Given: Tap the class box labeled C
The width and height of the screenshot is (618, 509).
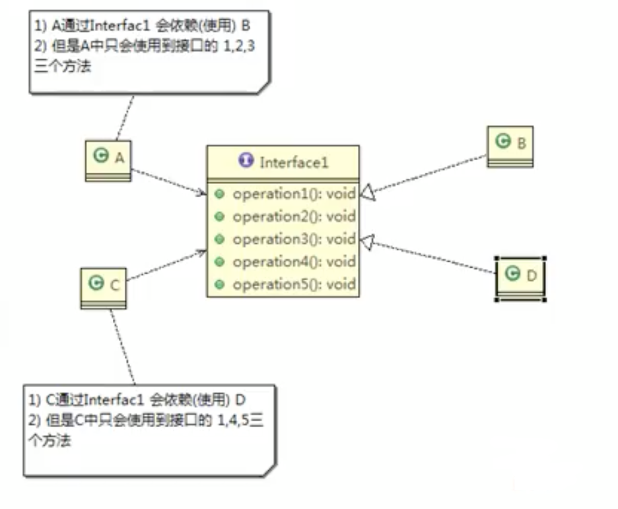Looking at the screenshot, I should (103, 286).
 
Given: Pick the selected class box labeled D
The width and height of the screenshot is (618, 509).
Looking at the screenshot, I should (520, 277).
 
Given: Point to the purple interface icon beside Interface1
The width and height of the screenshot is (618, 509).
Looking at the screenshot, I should (246, 162).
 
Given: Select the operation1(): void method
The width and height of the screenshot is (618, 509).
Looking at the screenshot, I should (294, 194).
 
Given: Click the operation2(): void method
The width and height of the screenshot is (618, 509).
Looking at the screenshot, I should (294, 216).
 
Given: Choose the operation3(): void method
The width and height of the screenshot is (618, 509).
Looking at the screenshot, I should (294, 239).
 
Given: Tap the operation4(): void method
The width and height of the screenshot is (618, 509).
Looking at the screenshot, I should (294, 262).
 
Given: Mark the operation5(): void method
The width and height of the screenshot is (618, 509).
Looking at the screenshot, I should (294, 284).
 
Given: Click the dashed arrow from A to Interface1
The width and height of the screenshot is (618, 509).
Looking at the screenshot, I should (168, 182).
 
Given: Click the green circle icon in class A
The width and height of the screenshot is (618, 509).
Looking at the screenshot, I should (101, 156).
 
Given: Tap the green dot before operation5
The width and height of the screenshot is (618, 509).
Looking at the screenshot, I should (219, 284).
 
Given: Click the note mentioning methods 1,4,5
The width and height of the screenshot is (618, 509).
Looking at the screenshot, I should (149, 429).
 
